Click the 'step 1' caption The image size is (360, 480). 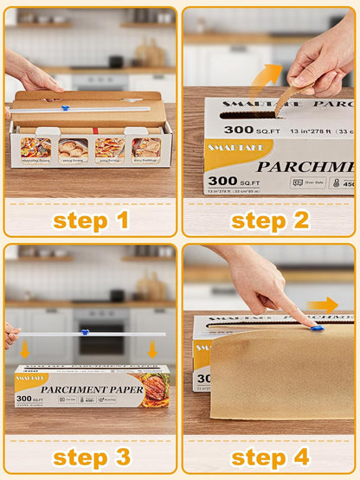tap(91, 220)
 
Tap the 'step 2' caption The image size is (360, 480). tap(270, 220)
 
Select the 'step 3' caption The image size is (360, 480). tap(91, 457)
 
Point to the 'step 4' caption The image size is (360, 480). tap(270, 457)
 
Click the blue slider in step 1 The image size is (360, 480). tap(64, 108)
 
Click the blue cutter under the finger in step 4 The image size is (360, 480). tap(318, 328)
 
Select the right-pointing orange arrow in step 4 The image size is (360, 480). tap(323, 304)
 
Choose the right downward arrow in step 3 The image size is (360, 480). tap(153, 349)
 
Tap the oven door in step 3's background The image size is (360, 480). tap(101, 342)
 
